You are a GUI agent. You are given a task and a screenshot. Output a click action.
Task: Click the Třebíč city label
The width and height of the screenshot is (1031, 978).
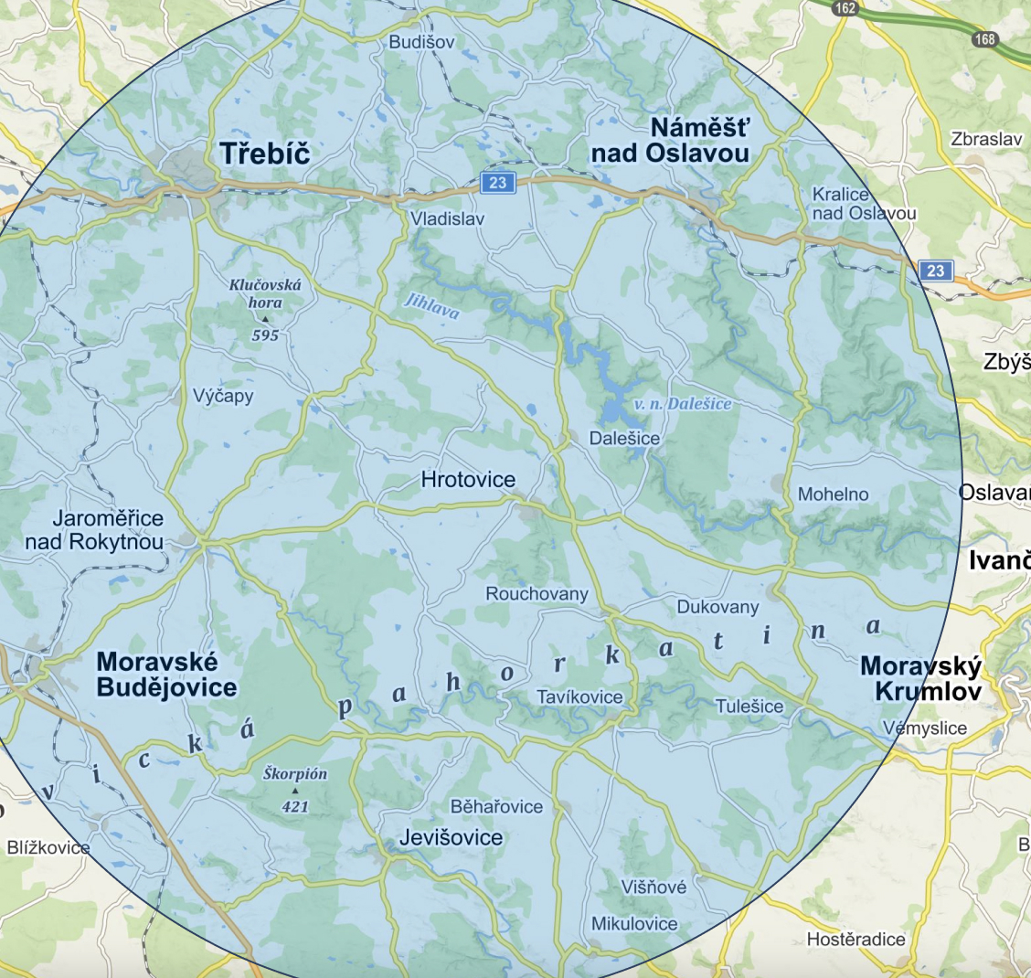point(265,154)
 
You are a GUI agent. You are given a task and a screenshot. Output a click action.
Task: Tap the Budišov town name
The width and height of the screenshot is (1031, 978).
point(420,42)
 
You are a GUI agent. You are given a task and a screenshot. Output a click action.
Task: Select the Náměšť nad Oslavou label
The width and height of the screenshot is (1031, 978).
point(670,141)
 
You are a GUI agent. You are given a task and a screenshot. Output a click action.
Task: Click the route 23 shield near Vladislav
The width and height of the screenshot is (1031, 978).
point(497,183)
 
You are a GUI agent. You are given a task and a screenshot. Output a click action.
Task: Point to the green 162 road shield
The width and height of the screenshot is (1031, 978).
point(845,8)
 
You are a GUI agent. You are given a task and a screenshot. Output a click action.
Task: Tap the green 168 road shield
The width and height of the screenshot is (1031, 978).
point(984,38)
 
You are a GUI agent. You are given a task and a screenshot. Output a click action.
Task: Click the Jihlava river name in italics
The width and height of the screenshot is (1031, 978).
point(430,306)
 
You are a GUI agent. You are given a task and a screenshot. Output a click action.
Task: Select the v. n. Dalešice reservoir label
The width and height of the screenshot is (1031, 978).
point(683,403)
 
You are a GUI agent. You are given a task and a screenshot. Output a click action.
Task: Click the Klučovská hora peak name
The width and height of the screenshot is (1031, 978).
point(265,293)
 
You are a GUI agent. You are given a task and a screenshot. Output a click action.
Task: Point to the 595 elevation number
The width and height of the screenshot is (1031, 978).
point(265,335)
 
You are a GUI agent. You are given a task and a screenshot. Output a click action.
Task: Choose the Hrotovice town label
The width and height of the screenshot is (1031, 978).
point(468,479)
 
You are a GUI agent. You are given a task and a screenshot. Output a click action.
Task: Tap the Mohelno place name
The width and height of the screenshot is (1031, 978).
point(833,494)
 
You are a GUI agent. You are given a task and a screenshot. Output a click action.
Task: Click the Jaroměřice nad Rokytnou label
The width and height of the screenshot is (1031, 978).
point(95,530)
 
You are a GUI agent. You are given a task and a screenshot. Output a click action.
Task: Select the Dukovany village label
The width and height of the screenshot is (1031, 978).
point(717,607)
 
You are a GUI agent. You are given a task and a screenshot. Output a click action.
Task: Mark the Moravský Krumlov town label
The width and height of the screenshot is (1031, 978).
point(920,678)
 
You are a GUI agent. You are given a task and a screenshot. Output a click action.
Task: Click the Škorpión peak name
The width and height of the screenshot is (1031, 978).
point(295,773)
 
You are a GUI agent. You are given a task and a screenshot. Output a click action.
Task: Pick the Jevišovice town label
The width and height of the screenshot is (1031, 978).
point(451,837)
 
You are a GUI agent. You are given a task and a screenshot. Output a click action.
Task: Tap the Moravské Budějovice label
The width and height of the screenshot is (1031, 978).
point(166,675)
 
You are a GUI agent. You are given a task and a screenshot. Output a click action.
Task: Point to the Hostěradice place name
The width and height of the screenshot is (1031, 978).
point(856,939)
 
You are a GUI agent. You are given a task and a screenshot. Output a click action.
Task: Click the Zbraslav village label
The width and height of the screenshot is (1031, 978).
point(986,140)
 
